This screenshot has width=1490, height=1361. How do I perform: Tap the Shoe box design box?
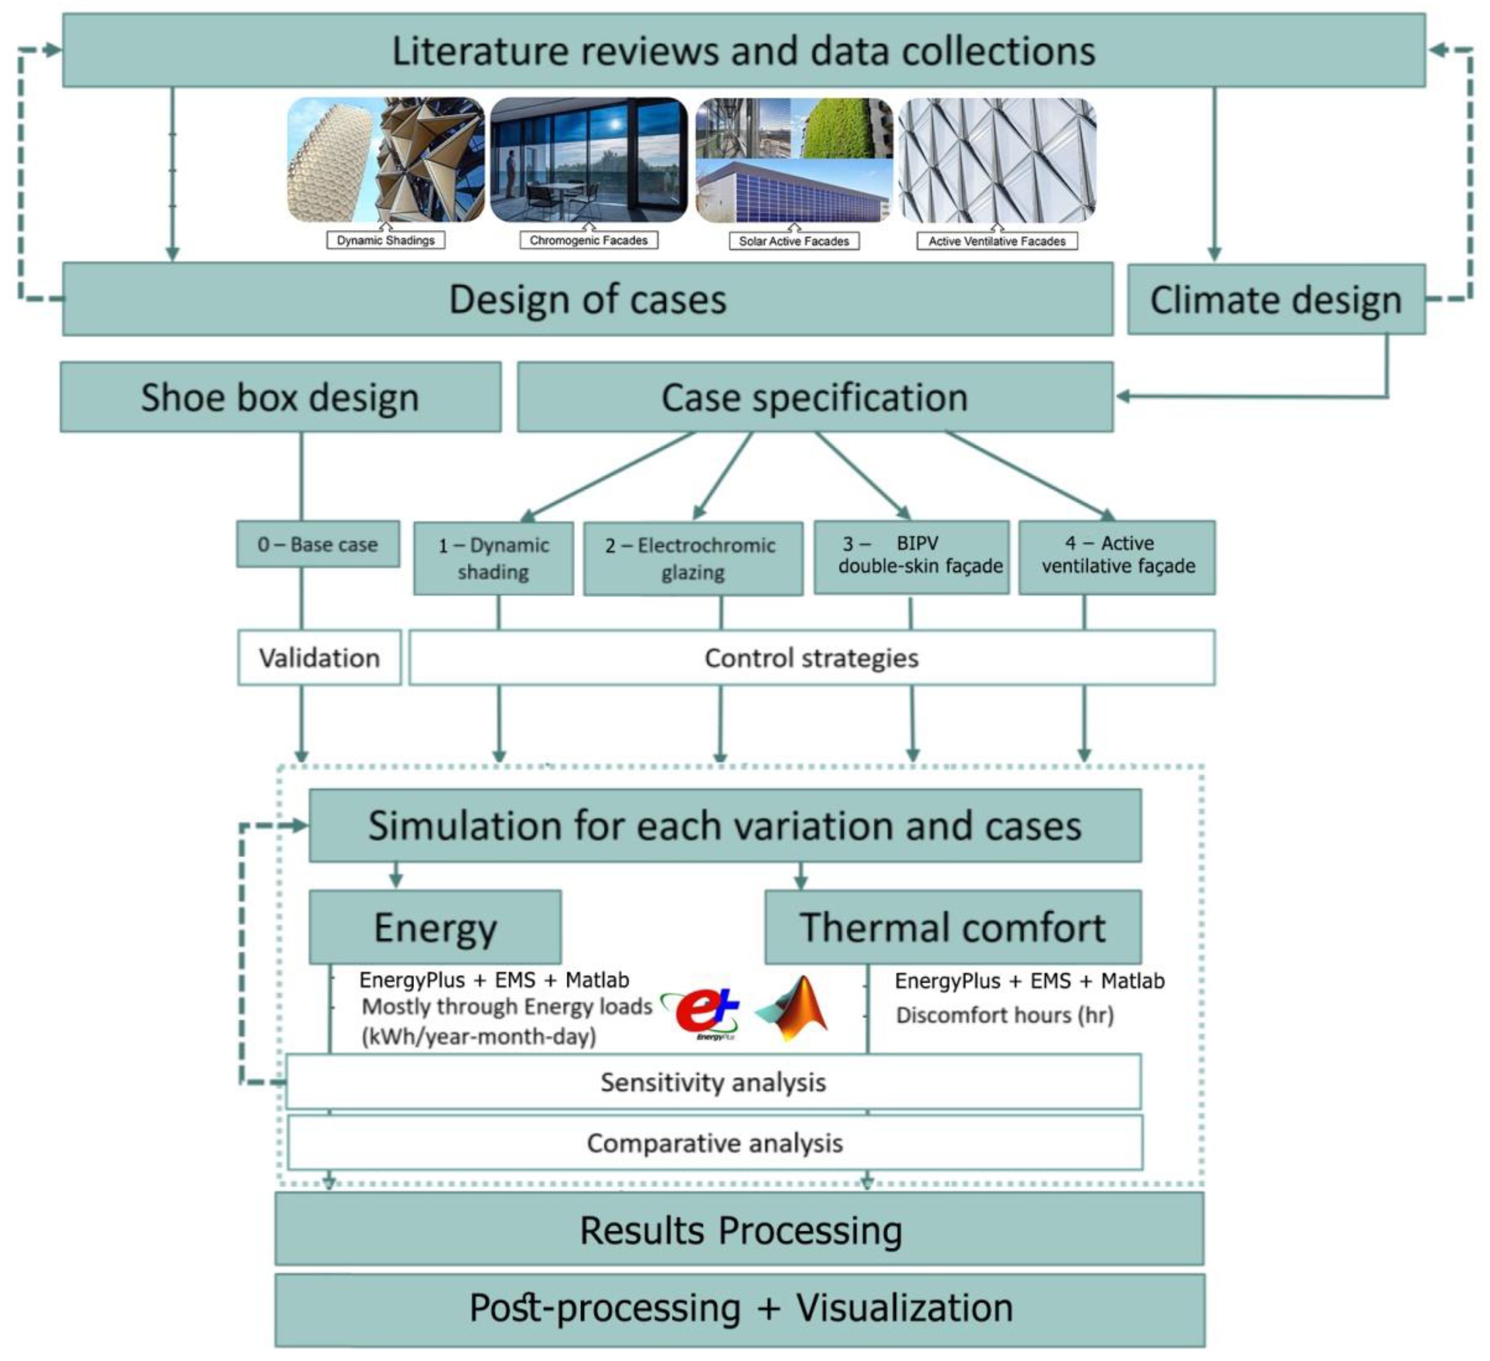[280, 398]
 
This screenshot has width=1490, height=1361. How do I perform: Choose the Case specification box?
[814, 398]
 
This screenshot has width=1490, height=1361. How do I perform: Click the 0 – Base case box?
[318, 545]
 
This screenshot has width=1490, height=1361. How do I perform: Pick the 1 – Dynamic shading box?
[493, 559]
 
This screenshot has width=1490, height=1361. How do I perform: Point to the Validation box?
[319, 658]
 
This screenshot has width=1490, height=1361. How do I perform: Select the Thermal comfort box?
[952, 927]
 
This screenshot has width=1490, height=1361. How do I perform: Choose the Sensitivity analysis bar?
[713, 1083]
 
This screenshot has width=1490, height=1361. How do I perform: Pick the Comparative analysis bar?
[715, 1143]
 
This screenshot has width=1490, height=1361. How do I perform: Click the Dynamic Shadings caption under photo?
[386, 240]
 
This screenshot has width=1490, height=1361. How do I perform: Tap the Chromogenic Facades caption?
[588, 240]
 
